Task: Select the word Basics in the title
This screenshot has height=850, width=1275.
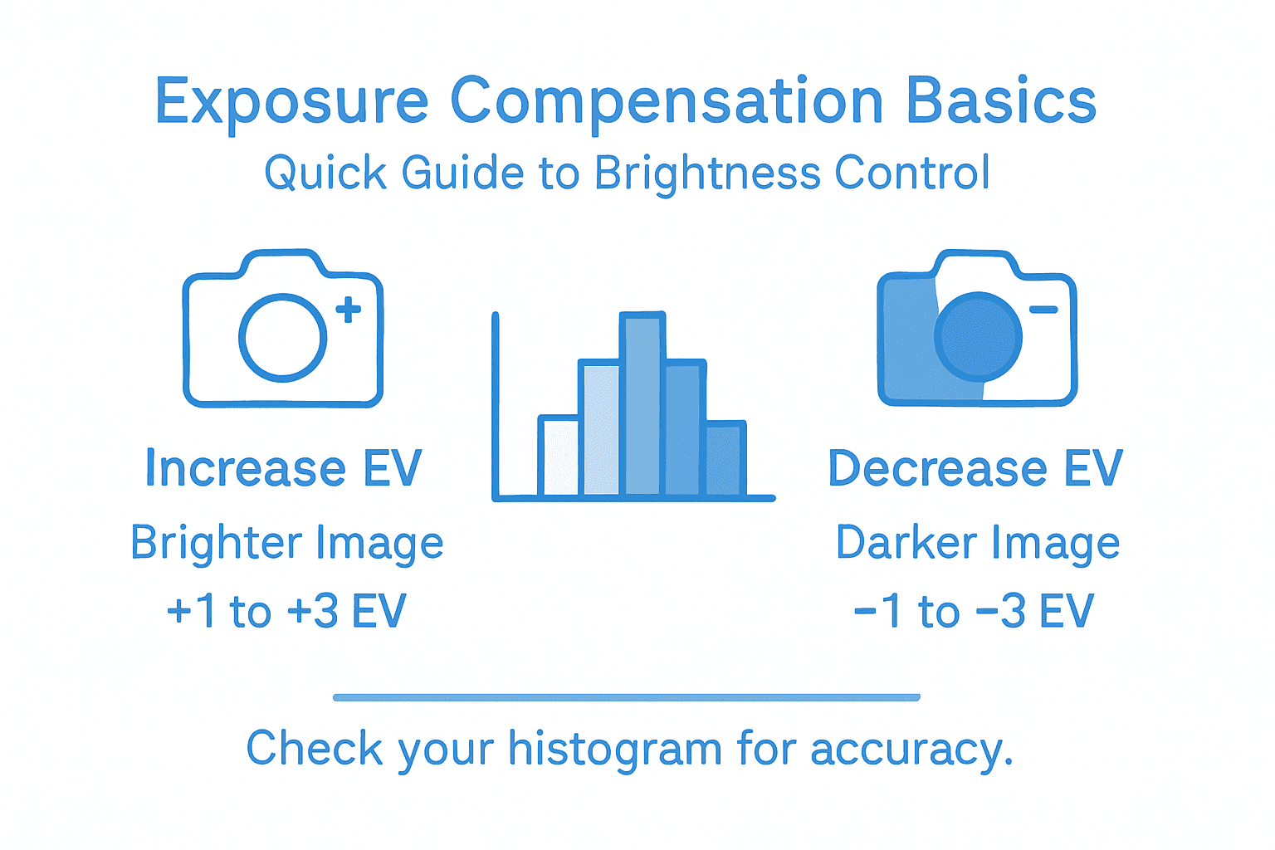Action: pyautogui.click(x=1001, y=101)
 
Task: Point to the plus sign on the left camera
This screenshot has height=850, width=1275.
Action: pyautogui.click(x=349, y=310)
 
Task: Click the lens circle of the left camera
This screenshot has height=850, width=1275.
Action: pyautogui.click(x=282, y=338)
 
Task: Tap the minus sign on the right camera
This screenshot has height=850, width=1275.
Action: pyautogui.click(x=1043, y=310)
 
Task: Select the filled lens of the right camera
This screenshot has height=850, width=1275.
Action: pyautogui.click(x=978, y=337)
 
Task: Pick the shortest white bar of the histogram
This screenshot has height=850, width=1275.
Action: pyautogui.click(x=559, y=457)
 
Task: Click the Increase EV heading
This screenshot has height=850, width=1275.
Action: pyautogui.click(x=284, y=468)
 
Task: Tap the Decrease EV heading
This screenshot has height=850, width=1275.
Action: pyautogui.click(x=975, y=468)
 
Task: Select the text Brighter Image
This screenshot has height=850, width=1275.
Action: pyautogui.click(x=287, y=544)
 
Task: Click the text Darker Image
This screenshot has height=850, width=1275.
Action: pyautogui.click(x=978, y=544)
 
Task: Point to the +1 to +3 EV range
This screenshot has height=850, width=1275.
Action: pyautogui.click(x=286, y=612)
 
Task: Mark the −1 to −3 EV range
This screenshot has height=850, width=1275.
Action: pyautogui.click(x=974, y=612)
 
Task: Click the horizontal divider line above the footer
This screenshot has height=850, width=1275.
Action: pyautogui.click(x=627, y=697)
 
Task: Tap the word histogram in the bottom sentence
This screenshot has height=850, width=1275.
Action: pyautogui.click(x=615, y=750)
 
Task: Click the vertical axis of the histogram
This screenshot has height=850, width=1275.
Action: pyautogui.click(x=496, y=407)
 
